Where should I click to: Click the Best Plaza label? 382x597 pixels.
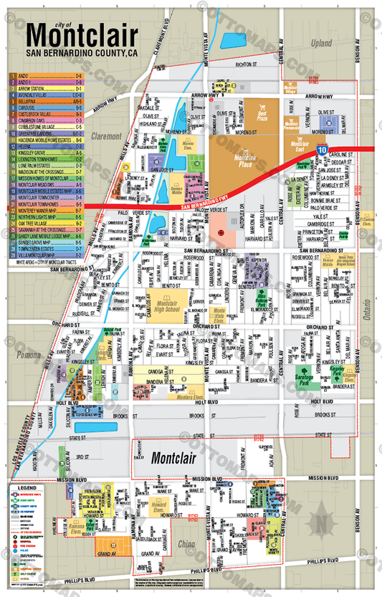262,113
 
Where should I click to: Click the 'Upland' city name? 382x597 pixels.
322,44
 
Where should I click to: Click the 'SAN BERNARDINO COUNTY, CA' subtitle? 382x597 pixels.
81,53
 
